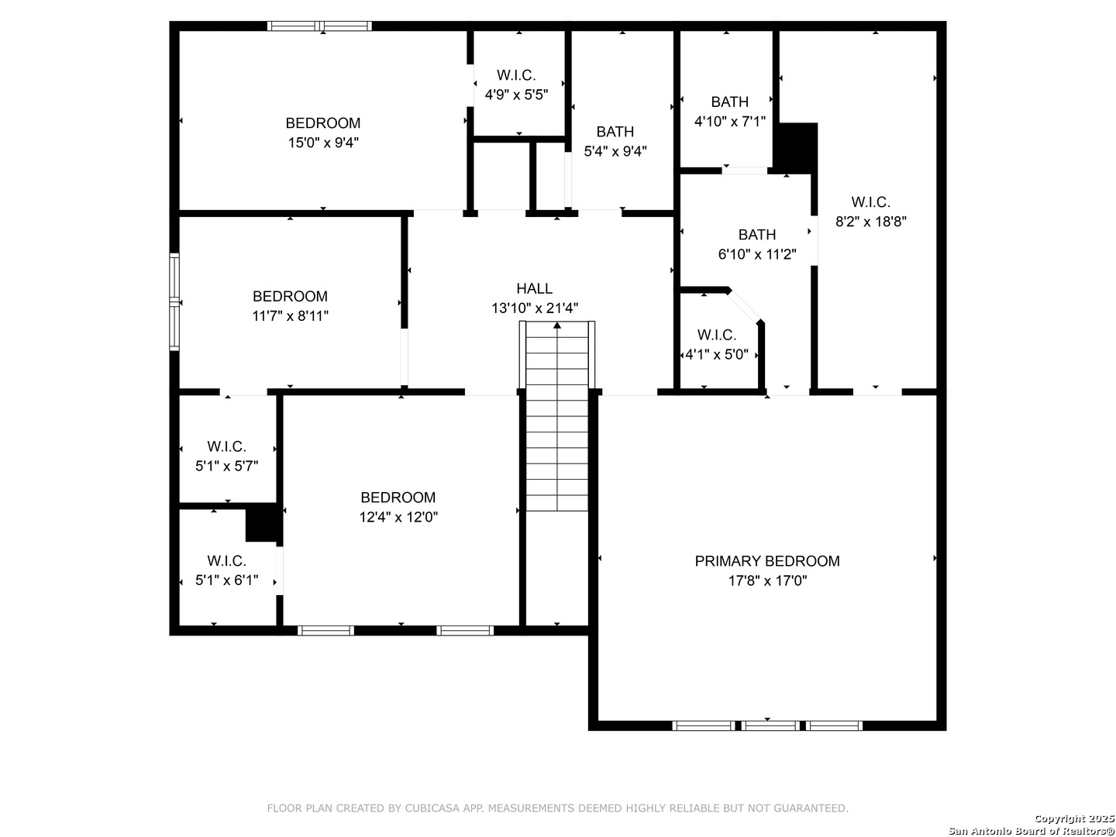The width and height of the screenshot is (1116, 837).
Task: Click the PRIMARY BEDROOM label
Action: (x=766, y=561)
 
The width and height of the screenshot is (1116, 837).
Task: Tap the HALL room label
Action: (x=534, y=288)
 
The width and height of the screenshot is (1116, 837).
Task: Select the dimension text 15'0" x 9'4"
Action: (x=323, y=143)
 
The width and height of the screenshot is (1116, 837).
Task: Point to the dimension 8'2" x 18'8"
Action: (x=870, y=222)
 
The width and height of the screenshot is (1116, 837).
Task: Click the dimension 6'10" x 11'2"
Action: (x=757, y=254)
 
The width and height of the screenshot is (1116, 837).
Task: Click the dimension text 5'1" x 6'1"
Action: (x=227, y=580)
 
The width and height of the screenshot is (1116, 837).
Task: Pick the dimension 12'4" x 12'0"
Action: (x=398, y=518)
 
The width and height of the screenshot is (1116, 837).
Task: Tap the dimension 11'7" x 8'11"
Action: (x=290, y=316)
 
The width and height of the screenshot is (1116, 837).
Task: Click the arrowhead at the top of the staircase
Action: (x=556, y=325)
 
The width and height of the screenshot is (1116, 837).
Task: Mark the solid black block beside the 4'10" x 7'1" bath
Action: (x=796, y=148)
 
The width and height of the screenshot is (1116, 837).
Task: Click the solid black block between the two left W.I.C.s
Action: (x=263, y=523)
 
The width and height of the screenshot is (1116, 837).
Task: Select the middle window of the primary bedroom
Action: (x=770, y=725)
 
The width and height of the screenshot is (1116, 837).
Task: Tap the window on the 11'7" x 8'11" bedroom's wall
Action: (x=174, y=302)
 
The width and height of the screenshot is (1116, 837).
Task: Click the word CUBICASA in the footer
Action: (x=432, y=808)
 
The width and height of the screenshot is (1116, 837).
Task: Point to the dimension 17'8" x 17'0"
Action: (x=767, y=580)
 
